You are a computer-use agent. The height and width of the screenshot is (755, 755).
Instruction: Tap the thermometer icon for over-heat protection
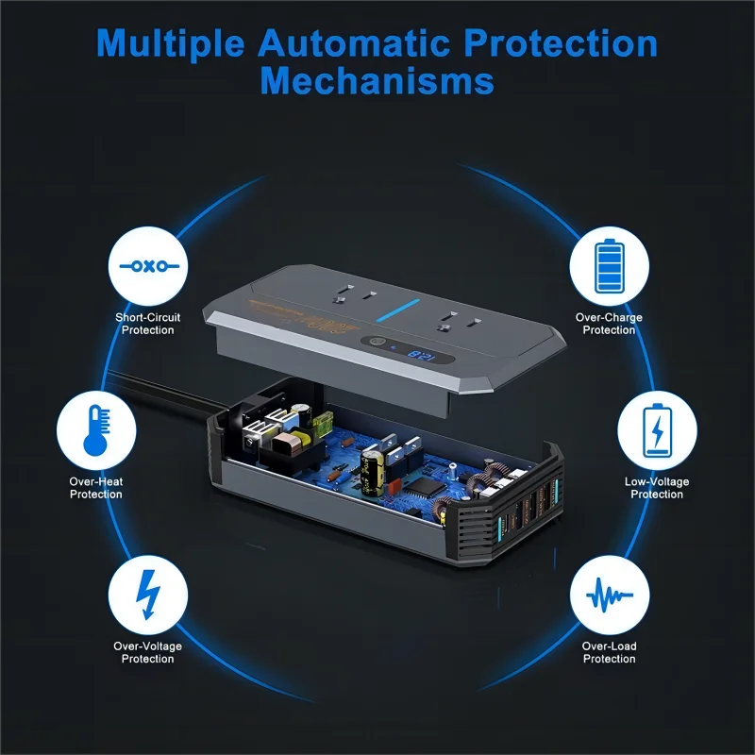tap(95, 431)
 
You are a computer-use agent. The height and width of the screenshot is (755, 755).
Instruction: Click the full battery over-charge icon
tap(609, 266)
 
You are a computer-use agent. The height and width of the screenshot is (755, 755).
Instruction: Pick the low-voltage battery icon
tap(657, 431)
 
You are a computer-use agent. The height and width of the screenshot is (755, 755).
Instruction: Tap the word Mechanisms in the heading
tap(377, 81)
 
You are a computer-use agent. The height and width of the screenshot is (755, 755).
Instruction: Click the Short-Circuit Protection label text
tap(148, 324)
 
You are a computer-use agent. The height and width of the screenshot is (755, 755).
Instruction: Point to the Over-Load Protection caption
tap(609, 652)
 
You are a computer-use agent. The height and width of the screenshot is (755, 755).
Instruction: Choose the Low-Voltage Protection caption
tap(657, 488)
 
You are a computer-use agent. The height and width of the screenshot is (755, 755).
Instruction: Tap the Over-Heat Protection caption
tap(95, 488)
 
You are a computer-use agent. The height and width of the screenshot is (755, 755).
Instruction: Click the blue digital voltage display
tap(423, 356)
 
